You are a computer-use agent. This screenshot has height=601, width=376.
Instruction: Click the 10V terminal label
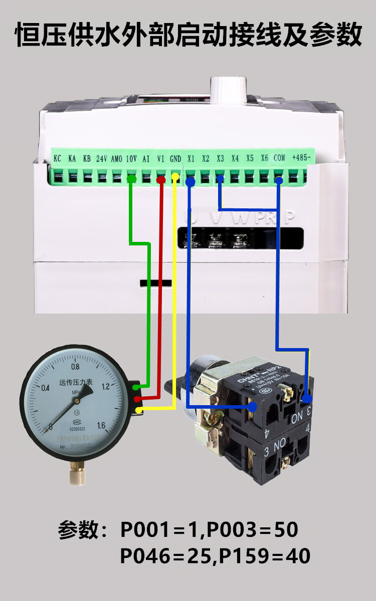pyautogui.click(x=131, y=158)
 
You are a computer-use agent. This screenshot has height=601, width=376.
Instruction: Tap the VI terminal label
pyautogui.click(x=161, y=158)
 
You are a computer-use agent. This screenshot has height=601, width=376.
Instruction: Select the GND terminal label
pyautogui.click(x=175, y=158)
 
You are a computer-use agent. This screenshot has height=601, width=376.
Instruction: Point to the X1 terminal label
pyautogui.click(x=191, y=158)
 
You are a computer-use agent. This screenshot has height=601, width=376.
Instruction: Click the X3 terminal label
pyautogui.click(x=220, y=158)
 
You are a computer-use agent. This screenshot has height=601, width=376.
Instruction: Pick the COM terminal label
pyautogui.click(x=279, y=158)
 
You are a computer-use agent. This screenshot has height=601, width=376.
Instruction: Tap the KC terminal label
pyautogui.click(x=58, y=158)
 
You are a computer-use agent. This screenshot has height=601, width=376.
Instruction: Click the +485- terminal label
pyautogui.click(x=301, y=158)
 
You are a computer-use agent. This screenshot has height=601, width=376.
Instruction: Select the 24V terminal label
pyautogui.click(x=102, y=158)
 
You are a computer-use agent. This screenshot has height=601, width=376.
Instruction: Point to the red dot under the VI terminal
pyautogui.click(x=161, y=179)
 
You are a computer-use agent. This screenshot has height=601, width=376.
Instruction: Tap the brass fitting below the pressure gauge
pyautogui.click(x=76, y=473)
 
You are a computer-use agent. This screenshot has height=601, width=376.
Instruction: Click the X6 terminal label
pyautogui.click(x=265, y=158)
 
